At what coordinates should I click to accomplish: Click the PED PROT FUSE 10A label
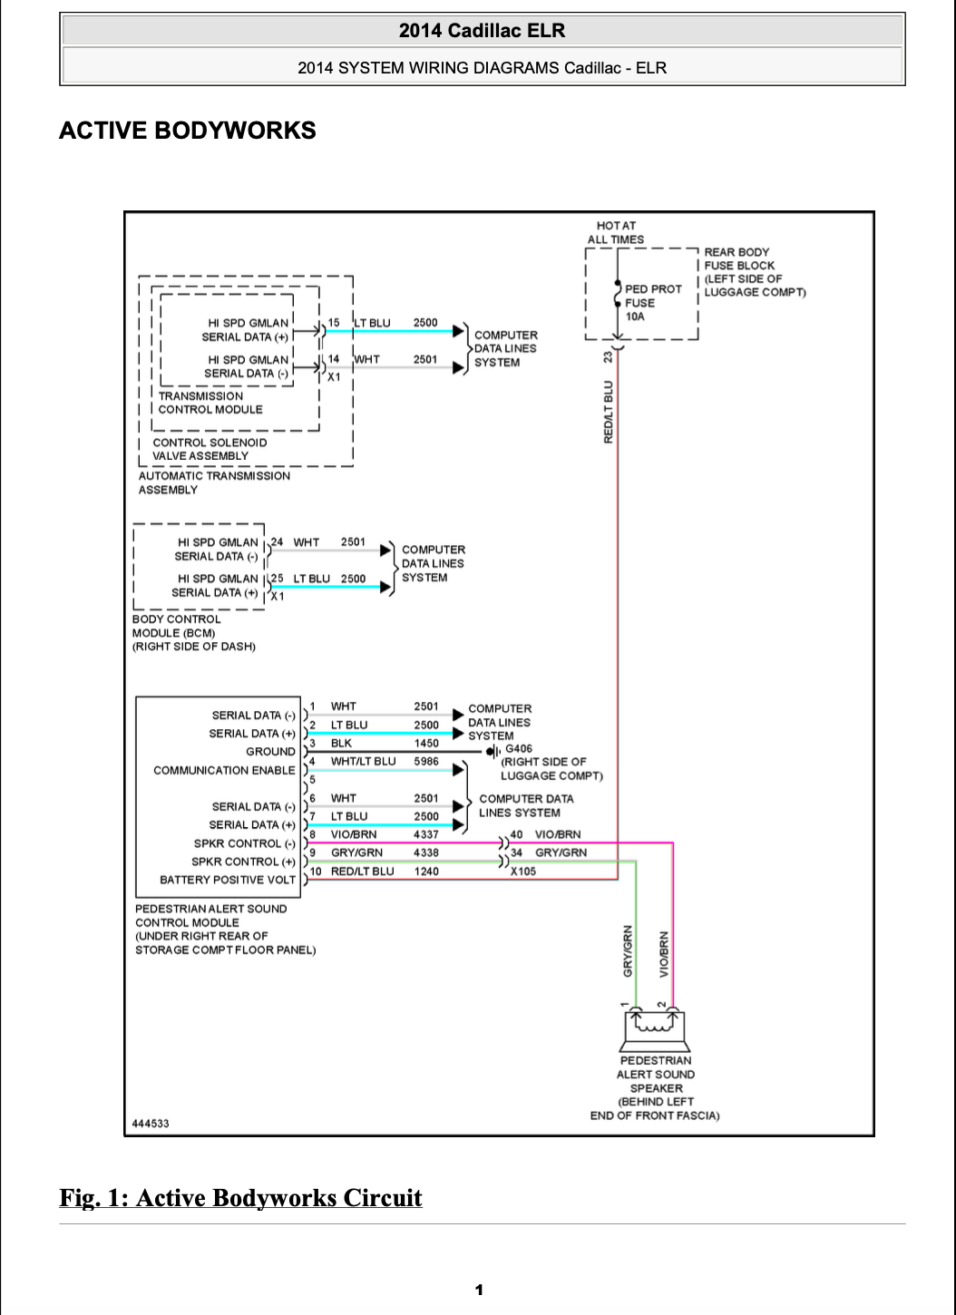[x=653, y=303]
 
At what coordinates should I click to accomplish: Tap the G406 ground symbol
[x=493, y=751]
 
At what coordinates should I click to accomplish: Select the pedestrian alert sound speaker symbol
[x=655, y=1030]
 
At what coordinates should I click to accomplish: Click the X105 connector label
[x=522, y=872]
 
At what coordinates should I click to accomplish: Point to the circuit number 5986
[x=425, y=762]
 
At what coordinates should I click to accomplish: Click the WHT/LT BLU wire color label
[x=363, y=762]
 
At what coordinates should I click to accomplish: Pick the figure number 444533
[x=151, y=1124]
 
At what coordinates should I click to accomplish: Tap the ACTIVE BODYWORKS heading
[x=188, y=131]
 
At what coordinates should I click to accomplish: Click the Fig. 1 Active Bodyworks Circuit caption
[x=240, y=1198]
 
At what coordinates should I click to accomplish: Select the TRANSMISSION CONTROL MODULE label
[x=210, y=403]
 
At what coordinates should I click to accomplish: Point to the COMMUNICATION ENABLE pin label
[x=224, y=770]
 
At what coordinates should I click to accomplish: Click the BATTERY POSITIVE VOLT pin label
[x=228, y=880]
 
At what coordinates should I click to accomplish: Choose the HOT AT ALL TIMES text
[x=615, y=232]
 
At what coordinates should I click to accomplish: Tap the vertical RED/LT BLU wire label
[x=609, y=412]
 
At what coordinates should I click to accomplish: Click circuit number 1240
[x=426, y=872]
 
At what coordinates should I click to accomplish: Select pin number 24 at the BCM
[x=277, y=541]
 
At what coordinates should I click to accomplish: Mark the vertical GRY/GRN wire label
[x=628, y=951]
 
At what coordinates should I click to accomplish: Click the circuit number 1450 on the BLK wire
[x=426, y=744]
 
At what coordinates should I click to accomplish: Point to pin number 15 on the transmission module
[x=334, y=323]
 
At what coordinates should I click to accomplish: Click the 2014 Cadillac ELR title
[x=483, y=31]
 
